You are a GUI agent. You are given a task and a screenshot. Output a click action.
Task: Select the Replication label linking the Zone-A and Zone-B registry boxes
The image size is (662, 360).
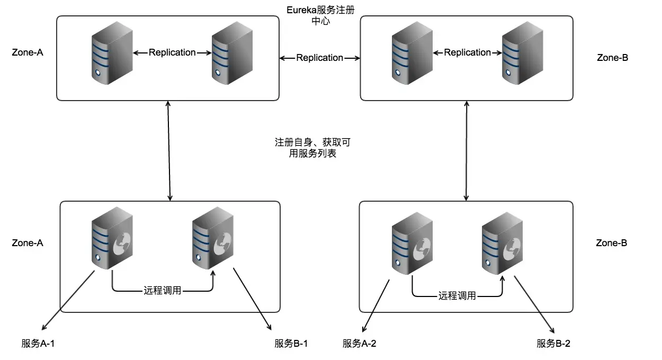[x=319, y=58]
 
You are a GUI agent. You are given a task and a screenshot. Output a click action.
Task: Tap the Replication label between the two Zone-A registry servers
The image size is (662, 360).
[x=172, y=52]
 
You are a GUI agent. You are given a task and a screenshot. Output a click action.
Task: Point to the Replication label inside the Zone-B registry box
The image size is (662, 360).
[x=467, y=52]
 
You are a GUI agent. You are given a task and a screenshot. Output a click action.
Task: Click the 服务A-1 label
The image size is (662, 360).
[x=38, y=344]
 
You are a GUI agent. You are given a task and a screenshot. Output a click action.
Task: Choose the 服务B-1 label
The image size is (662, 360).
[x=291, y=344]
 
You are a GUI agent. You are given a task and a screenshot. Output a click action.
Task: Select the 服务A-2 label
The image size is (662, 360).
[x=359, y=344]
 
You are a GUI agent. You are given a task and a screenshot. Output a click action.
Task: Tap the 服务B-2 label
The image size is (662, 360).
[x=553, y=344]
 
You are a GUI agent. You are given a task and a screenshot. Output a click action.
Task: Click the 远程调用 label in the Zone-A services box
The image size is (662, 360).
[x=163, y=291]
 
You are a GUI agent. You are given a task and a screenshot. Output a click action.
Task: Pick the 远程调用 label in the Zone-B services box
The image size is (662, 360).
[x=457, y=296]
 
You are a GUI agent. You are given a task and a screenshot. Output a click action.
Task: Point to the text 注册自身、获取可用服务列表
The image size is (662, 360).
[x=312, y=148]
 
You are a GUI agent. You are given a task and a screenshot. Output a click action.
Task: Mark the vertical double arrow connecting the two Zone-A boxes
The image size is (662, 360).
[x=169, y=151]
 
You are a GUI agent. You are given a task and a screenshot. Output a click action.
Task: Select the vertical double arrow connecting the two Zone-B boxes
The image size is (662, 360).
[x=466, y=151]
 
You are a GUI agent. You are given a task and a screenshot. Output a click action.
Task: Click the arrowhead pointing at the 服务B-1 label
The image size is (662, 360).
[x=270, y=328]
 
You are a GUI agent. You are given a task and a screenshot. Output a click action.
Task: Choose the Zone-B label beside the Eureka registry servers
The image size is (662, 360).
[x=612, y=58]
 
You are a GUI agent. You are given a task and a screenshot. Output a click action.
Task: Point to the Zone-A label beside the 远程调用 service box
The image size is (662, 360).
[x=27, y=243]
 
